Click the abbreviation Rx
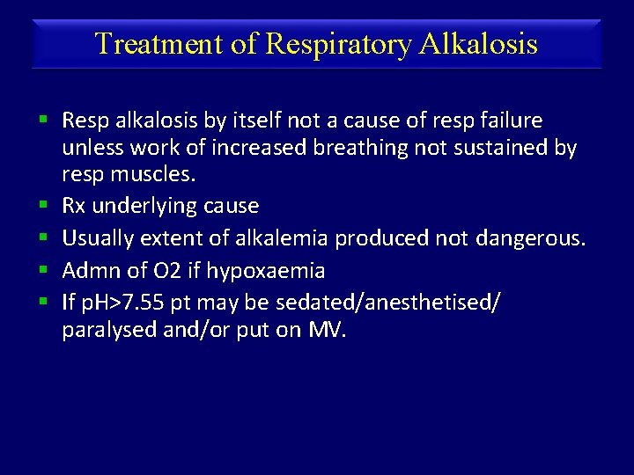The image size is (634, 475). click(74, 207)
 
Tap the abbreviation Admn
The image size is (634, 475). click(87, 270)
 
